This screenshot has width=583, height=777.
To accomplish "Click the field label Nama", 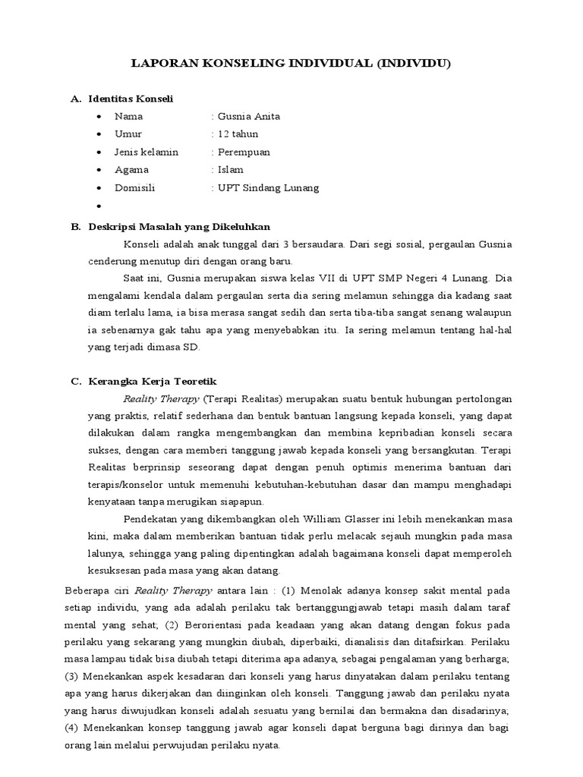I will click(128, 117).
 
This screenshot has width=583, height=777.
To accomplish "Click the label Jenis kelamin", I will click(147, 152).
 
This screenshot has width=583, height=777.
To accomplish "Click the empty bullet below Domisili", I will click(99, 206).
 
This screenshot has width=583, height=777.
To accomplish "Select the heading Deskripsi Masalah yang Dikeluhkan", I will click(179, 227).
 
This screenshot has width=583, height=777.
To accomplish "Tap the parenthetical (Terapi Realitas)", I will click(244, 398).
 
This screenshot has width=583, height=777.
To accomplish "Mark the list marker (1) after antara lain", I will click(289, 590).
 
